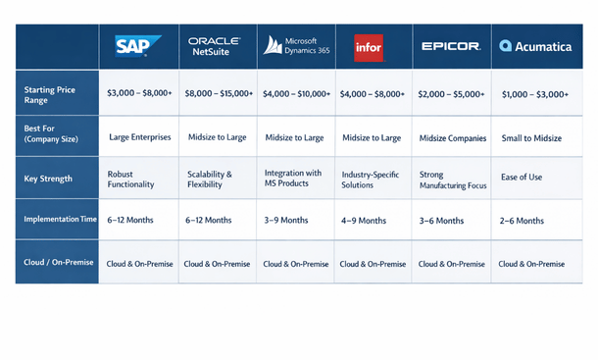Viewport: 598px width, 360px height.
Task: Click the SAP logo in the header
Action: click(131, 45)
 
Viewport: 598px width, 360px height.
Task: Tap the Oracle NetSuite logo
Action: click(215, 44)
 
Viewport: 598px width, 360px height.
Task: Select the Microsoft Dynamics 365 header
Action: click(296, 45)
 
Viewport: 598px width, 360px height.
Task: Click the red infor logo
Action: click(369, 46)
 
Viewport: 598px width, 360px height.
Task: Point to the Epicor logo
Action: click(450, 46)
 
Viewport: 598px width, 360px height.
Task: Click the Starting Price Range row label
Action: click(53, 93)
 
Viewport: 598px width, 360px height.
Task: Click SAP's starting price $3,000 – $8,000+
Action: click(138, 93)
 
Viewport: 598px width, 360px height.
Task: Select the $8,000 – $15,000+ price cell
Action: click(219, 93)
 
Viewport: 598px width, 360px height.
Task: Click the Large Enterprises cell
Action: click(139, 138)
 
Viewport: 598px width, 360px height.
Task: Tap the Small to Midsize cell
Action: click(530, 138)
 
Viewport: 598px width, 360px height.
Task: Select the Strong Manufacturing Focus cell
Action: click(451, 179)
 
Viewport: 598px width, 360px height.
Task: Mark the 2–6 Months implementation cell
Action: click(523, 221)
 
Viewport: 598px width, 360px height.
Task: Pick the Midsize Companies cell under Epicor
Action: click(452, 138)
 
